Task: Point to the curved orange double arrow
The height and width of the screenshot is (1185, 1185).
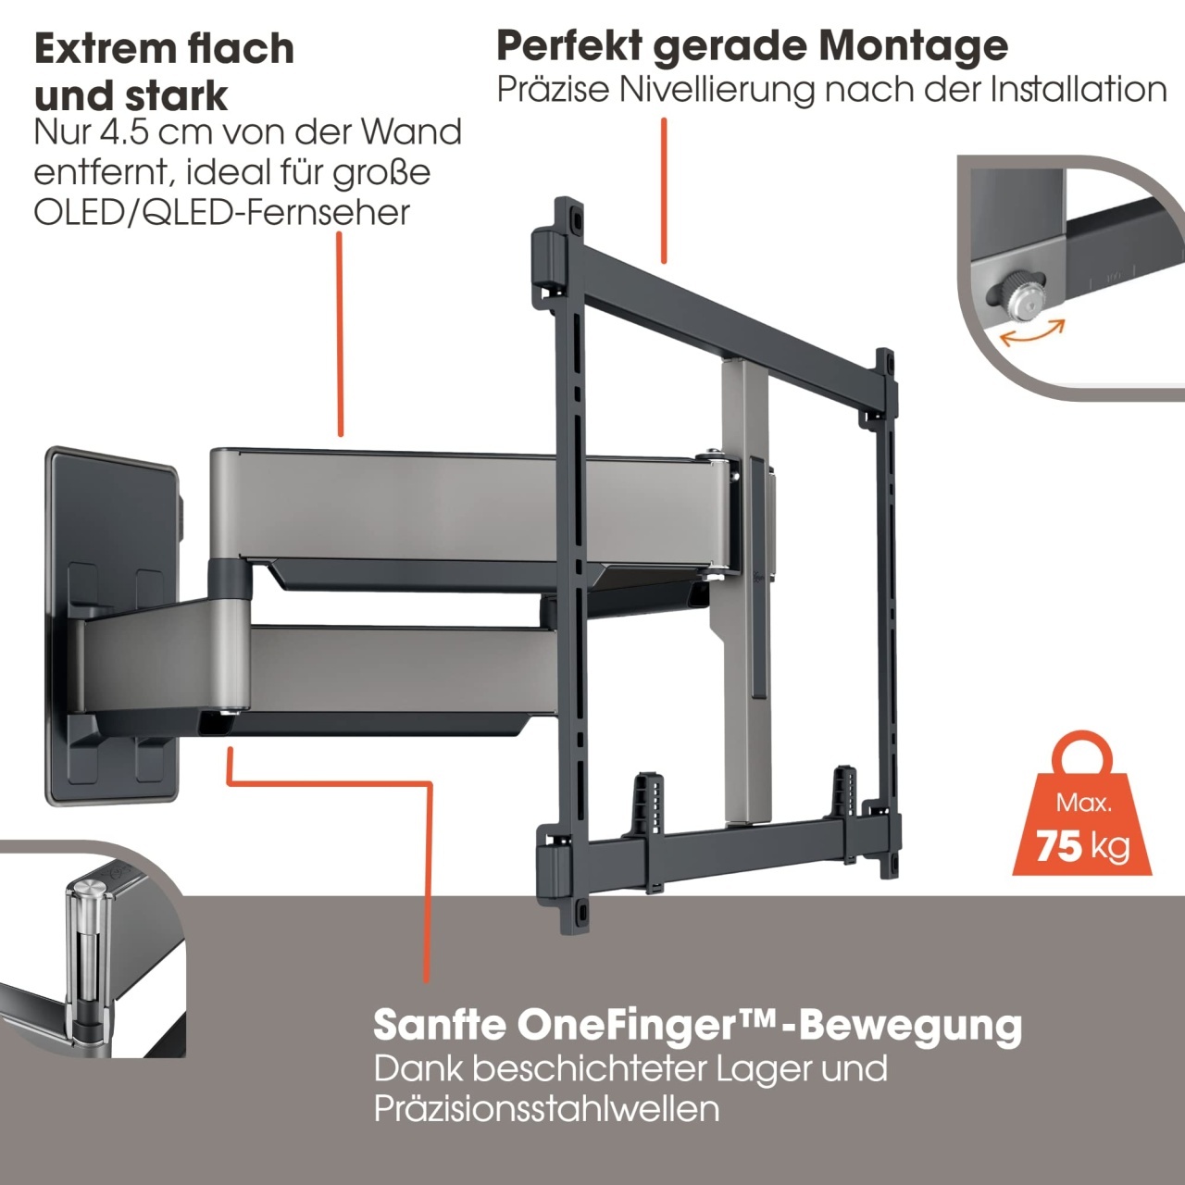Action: click(1032, 335)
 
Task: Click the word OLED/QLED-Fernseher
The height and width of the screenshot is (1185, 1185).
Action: click(221, 213)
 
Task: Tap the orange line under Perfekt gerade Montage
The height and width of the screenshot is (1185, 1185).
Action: click(664, 191)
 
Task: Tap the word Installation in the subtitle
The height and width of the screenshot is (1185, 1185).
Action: click(1079, 90)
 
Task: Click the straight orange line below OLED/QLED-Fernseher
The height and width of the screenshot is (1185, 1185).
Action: click(340, 334)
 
